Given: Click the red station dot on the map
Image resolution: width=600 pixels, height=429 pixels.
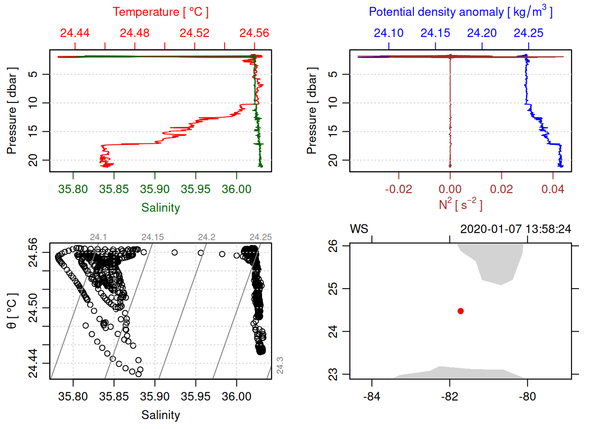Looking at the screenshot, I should [x=460, y=311].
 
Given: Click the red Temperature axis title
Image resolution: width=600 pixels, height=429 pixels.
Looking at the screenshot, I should [x=160, y=12].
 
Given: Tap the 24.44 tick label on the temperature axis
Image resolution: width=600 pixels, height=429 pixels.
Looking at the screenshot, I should [x=75, y=33].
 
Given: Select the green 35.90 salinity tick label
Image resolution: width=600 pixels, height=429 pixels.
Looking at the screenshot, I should [x=154, y=189].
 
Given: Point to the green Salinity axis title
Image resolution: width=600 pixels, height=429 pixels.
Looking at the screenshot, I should [x=160, y=208].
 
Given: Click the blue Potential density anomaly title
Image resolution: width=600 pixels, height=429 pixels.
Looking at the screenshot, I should [x=460, y=12].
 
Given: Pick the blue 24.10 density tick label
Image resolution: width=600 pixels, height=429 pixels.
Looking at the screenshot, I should [x=388, y=33].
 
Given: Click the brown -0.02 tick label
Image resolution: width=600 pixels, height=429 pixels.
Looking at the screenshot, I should [x=398, y=189].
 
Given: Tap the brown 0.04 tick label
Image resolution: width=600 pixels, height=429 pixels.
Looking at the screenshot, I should [x=553, y=189].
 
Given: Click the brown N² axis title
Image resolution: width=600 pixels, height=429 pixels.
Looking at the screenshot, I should [x=460, y=204].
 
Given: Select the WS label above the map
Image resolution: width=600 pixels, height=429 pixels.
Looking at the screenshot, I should [x=359, y=229].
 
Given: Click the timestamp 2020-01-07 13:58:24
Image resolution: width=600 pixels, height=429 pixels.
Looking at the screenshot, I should [x=516, y=229].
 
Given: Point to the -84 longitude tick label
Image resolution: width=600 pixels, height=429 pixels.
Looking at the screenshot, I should [x=371, y=396].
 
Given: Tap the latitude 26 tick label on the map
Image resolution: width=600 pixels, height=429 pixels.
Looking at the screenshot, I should [x=333, y=246].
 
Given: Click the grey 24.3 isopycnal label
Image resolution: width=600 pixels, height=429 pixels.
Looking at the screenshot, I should [x=280, y=365].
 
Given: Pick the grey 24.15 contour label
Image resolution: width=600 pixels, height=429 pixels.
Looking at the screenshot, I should [x=153, y=237].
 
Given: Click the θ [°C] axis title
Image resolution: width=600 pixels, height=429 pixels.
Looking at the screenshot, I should [x=12, y=311].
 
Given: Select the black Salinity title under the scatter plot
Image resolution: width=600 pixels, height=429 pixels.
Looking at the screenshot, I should [x=160, y=415].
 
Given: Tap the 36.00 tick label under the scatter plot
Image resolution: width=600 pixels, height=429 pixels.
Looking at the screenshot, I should [x=236, y=396].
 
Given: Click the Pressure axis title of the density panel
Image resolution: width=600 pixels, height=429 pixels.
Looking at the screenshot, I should [x=312, y=111].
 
